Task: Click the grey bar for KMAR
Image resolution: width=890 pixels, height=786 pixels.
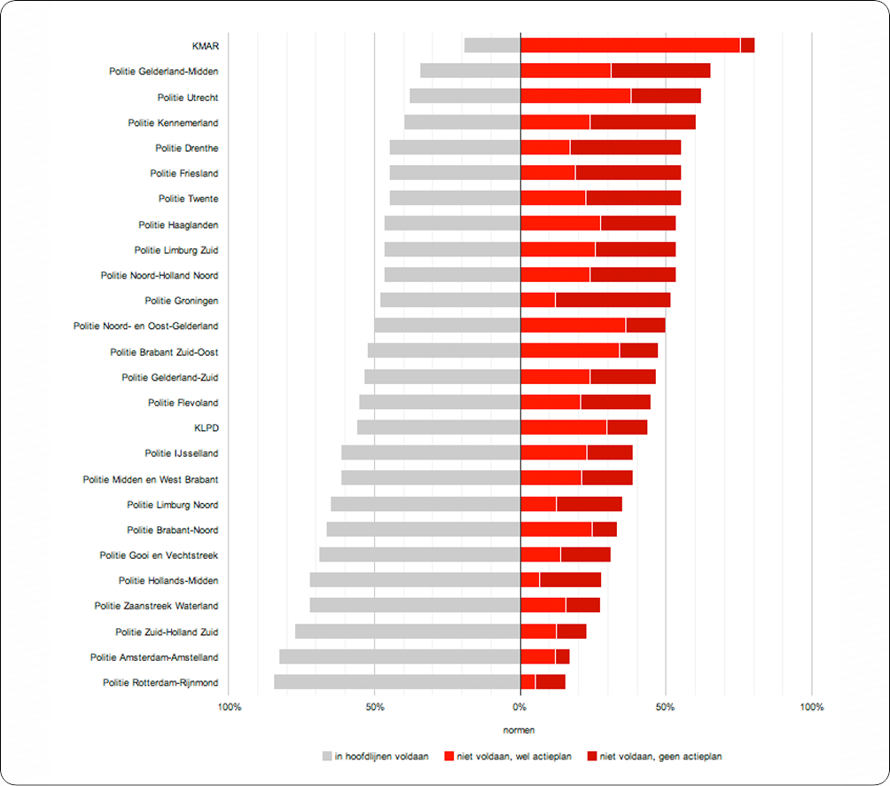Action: tap(492, 45)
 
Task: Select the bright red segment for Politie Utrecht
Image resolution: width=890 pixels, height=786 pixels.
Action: tap(575, 97)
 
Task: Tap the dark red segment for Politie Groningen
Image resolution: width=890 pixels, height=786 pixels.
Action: tap(613, 301)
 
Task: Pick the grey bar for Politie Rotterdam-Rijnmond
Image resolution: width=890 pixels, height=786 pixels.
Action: tap(396, 682)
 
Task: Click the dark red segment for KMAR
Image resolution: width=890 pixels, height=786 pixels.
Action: tap(747, 45)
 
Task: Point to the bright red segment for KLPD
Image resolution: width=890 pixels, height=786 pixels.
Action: tap(563, 428)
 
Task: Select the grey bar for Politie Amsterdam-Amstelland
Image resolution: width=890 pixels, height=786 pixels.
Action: tap(399, 657)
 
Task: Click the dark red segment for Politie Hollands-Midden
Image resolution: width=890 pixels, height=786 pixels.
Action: tap(570, 580)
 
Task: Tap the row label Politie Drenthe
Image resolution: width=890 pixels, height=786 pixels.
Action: tap(187, 148)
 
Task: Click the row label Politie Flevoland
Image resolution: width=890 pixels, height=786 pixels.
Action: tap(183, 403)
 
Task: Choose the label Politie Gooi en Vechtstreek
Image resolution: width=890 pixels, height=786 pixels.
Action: tap(159, 555)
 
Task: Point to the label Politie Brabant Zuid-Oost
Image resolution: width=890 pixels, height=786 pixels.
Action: tap(164, 352)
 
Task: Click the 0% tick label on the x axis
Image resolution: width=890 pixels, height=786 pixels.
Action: tap(519, 707)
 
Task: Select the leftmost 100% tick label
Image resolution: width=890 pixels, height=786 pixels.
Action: tap(229, 707)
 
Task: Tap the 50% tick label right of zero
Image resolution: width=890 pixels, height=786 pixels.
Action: tap(666, 707)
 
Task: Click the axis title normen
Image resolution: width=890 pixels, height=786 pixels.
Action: tap(519, 730)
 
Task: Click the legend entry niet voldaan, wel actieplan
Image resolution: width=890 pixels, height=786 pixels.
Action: tap(513, 757)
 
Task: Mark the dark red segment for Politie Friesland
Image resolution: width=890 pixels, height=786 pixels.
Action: tap(628, 173)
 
